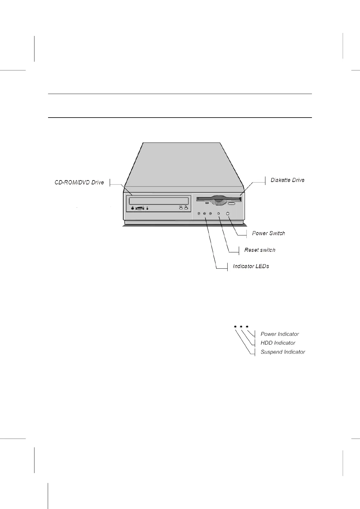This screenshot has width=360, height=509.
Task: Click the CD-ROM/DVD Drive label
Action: (79, 183)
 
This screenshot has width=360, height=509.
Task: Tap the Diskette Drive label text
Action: (287, 180)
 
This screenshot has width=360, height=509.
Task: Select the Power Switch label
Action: (268, 233)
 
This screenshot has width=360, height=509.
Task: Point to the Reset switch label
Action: (260, 250)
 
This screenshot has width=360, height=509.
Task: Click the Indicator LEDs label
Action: (251, 266)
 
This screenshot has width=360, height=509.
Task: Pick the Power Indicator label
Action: (280, 334)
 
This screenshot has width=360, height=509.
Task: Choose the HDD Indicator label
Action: (278, 343)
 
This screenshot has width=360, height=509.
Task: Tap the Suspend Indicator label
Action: (283, 352)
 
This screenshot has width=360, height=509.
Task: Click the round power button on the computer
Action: (228, 214)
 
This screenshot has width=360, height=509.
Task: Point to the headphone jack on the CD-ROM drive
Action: (133, 208)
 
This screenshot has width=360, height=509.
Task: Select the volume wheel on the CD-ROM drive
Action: (140, 208)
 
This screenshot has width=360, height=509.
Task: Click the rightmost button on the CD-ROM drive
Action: (186, 208)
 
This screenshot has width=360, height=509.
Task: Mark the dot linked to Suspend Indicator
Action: (235, 327)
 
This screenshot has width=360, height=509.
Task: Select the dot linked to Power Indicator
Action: (247, 327)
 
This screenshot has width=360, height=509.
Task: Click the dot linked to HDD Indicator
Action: (241, 327)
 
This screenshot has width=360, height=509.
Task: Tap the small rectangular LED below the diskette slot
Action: (207, 203)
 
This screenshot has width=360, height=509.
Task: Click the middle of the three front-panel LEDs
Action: (205, 214)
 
